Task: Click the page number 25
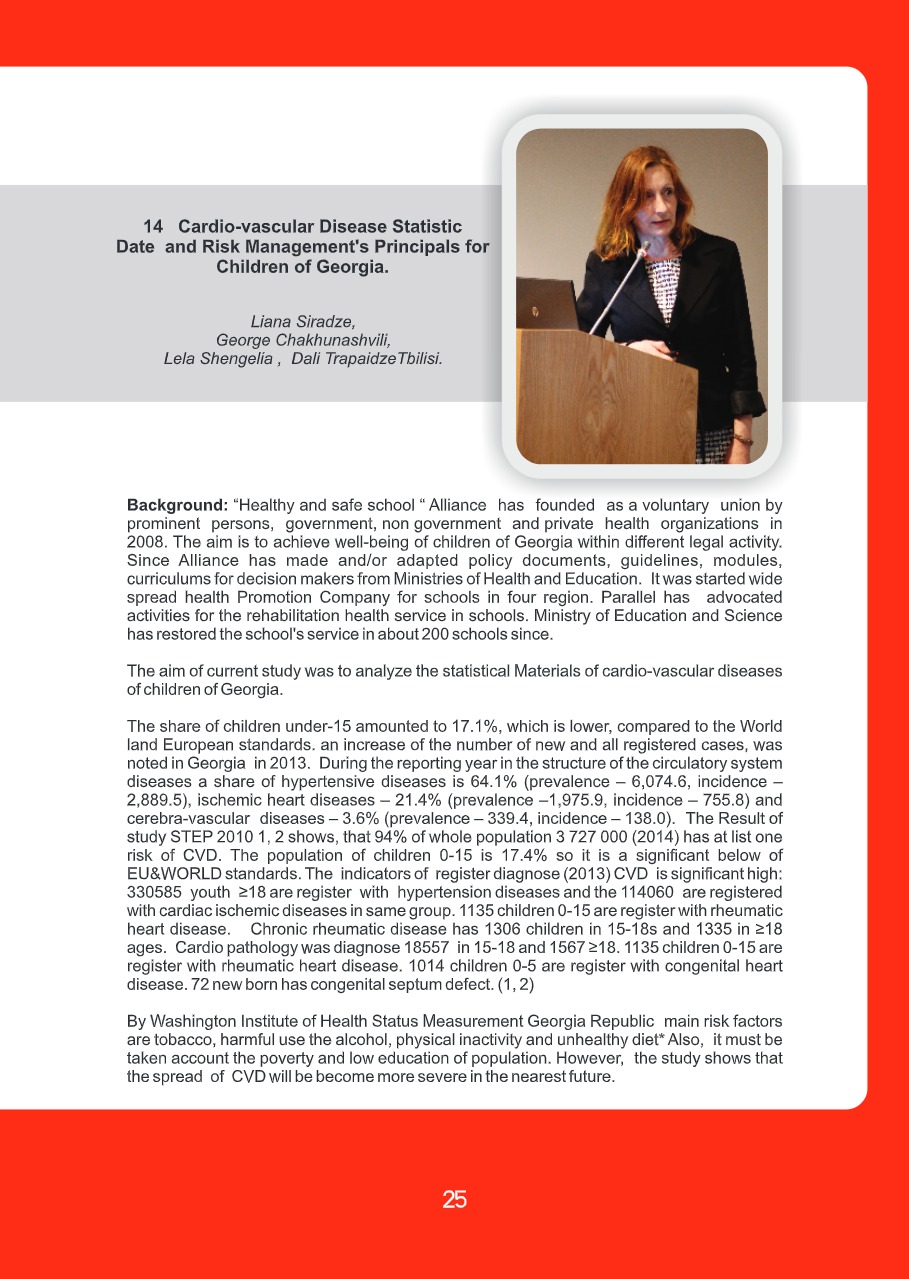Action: click(454, 1199)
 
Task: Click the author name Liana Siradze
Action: click(303, 321)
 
